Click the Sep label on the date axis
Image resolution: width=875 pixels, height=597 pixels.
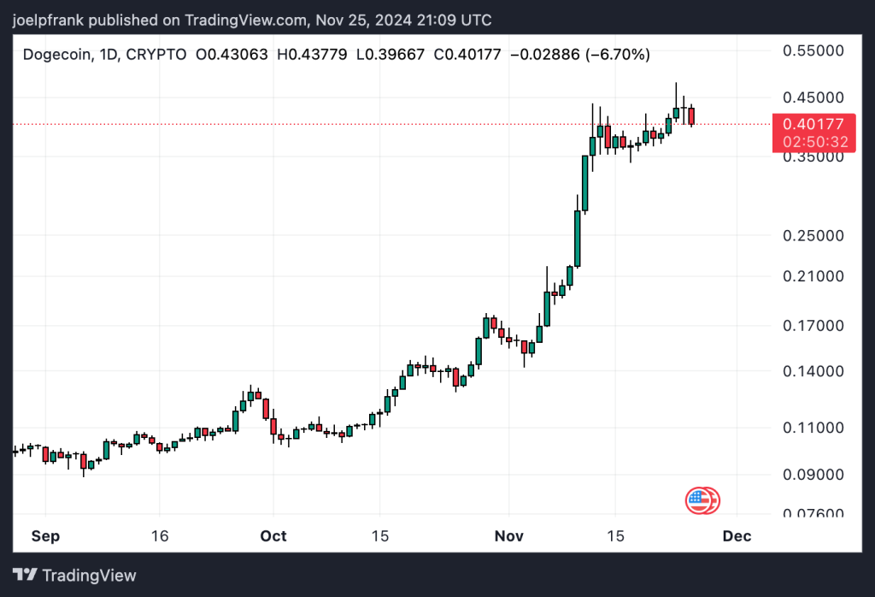(x=45, y=536)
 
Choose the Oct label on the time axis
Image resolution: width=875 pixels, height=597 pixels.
(x=273, y=536)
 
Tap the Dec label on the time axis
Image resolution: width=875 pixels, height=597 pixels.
(x=737, y=536)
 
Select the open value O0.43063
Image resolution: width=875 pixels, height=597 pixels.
(x=231, y=55)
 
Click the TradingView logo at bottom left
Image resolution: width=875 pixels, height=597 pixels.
(x=74, y=575)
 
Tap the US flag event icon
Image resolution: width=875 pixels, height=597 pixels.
(x=700, y=499)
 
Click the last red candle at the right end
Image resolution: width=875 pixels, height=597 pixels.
(x=691, y=116)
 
